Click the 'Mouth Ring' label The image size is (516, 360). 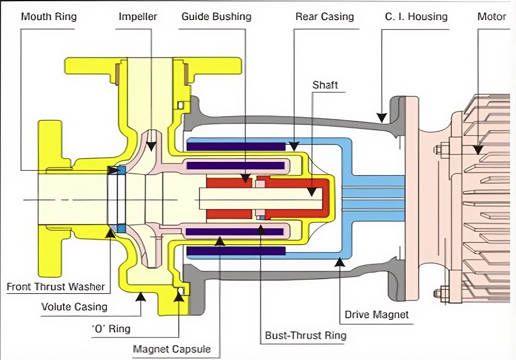pyautogui.click(x=49, y=16)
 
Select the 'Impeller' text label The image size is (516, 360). pyautogui.click(x=138, y=16)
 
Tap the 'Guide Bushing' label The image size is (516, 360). pyautogui.click(x=216, y=16)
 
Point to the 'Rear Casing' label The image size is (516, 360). pyautogui.click(x=324, y=16)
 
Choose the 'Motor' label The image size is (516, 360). pyautogui.click(x=492, y=16)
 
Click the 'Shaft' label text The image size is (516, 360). pyautogui.click(x=325, y=85)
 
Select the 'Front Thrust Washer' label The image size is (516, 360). pyautogui.click(x=56, y=287)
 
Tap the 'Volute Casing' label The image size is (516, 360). pyautogui.click(x=74, y=306)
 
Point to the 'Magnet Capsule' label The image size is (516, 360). pyautogui.click(x=171, y=350)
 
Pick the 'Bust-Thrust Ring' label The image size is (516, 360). pyautogui.click(x=305, y=335)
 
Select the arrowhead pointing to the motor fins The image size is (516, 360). pyautogui.click(x=478, y=150)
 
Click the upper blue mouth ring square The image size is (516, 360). pyautogui.click(x=121, y=169)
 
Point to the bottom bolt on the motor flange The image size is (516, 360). pyautogui.click(x=442, y=291)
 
